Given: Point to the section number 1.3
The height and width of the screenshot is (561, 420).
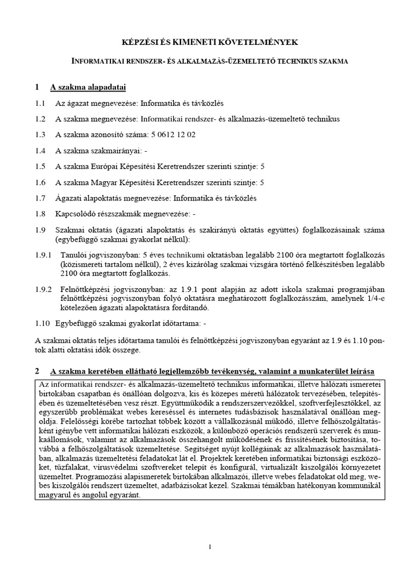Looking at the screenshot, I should (x=40, y=134).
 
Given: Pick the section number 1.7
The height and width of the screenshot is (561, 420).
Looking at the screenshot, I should (x=40, y=198).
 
